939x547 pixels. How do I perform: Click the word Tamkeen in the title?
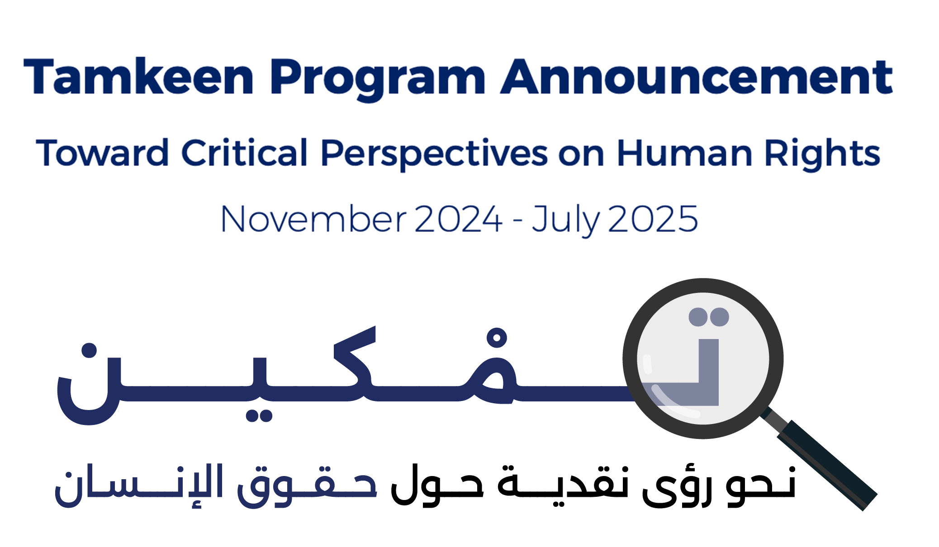[138, 76]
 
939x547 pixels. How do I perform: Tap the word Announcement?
[697, 77]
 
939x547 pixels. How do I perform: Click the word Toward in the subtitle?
[103, 152]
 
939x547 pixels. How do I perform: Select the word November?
[314, 219]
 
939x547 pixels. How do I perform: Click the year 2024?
[458, 219]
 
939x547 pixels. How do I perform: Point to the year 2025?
[653, 219]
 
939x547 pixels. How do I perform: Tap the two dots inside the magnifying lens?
[709, 317]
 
